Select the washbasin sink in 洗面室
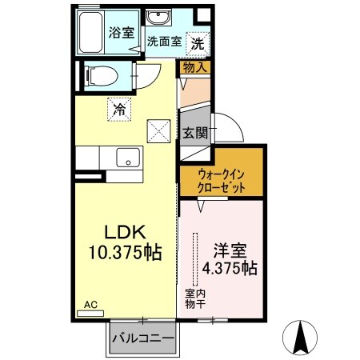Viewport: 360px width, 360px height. [x=155, y=18]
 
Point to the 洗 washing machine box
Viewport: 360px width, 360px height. [x=196, y=42]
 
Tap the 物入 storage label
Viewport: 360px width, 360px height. [x=195, y=68]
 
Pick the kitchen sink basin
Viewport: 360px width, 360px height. [x=126, y=158]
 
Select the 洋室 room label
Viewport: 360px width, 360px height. [x=227, y=249]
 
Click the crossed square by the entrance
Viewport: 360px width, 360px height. [x=158, y=129]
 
